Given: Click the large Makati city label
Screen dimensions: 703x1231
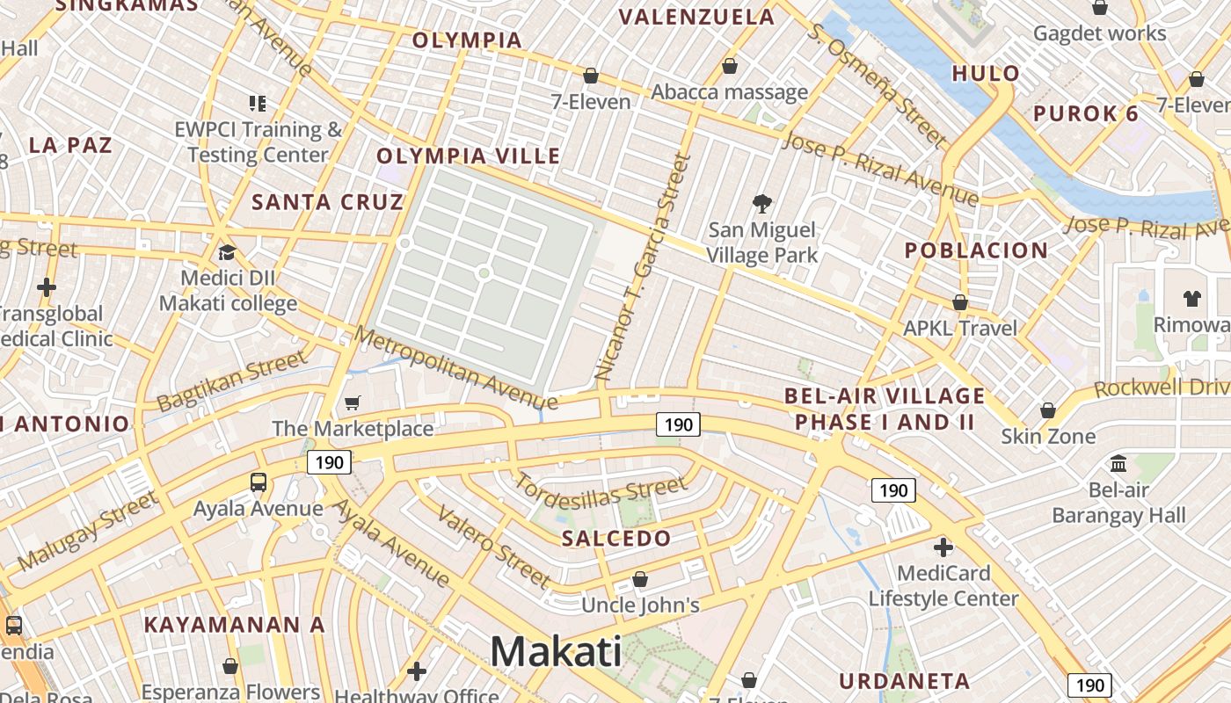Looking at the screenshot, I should [556, 652].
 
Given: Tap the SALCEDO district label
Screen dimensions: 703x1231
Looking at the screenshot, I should [615, 539].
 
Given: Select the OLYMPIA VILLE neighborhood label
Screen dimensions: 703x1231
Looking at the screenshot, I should [468, 156].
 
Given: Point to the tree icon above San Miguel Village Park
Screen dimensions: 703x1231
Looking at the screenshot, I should [762, 205].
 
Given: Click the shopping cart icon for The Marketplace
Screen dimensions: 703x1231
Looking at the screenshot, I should [353, 403].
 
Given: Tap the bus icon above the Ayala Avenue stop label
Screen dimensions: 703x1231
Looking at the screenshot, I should [259, 482].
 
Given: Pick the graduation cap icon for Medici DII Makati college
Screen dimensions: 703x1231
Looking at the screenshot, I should [228, 253].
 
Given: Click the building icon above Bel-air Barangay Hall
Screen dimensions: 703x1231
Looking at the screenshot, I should [1118, 463].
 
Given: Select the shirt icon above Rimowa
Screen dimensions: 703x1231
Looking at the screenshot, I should [1191, 298].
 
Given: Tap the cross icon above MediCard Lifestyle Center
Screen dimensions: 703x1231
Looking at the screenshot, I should [943, 547].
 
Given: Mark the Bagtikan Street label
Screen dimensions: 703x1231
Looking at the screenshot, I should [232, 380].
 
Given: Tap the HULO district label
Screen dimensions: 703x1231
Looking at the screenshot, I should [986, 73].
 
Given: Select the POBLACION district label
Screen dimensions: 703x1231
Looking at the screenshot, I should [976, 250].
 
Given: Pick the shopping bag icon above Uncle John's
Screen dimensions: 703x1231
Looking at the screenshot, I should [640, 580].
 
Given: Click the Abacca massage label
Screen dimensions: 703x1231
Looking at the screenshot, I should [729, 92].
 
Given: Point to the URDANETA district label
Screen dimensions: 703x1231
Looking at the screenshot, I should [904, 681].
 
